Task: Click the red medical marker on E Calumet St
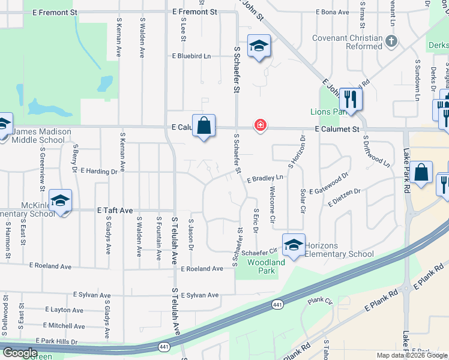(260, 125)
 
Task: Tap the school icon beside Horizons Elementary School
(294, 245)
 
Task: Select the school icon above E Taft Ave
(60, 200)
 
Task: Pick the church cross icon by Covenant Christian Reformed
(391, 41)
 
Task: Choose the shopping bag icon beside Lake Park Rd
(422, 172)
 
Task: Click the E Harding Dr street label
(98, 172)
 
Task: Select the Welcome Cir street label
(272, 206)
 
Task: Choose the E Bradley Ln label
(264, 178)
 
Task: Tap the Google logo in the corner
(19, 353)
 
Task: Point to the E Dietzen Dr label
(344, 199)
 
